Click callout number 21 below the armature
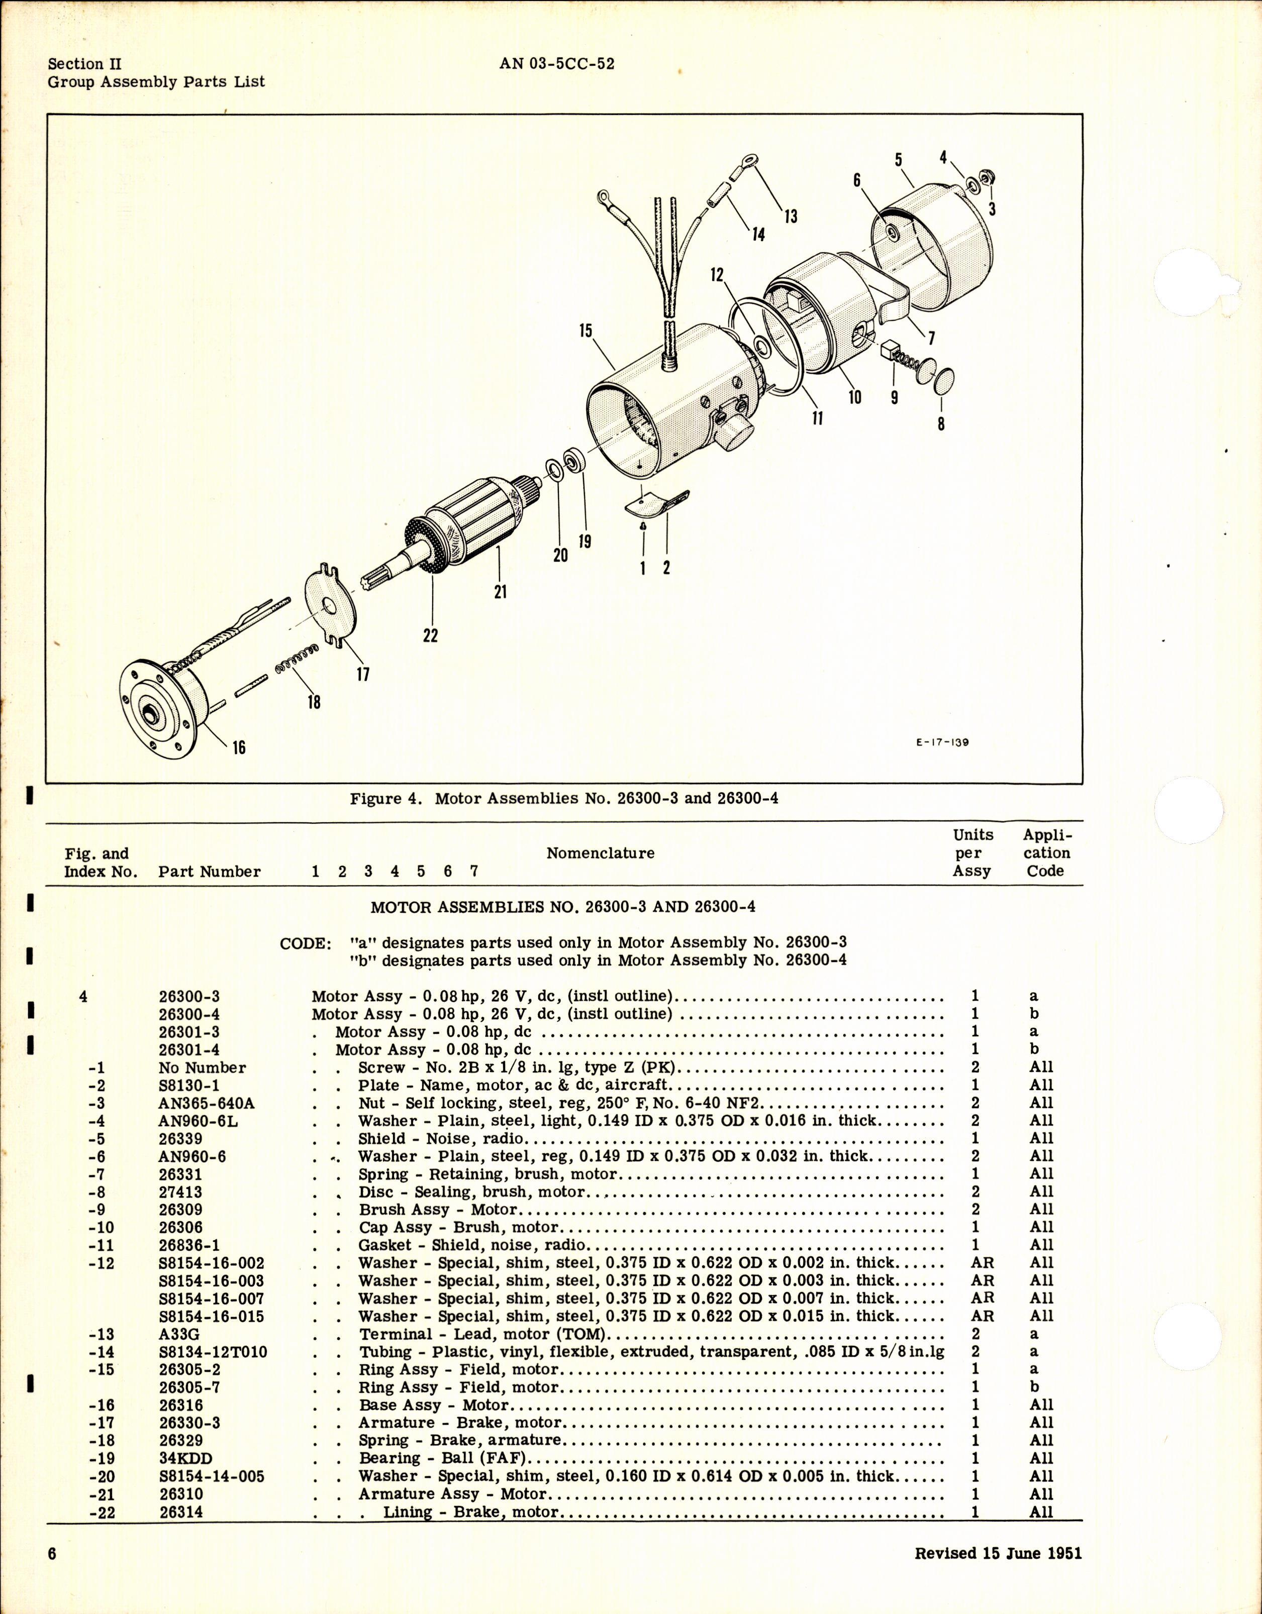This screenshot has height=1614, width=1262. click(x=501, y=592)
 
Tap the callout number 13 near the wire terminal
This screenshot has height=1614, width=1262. click(x=791, y=217)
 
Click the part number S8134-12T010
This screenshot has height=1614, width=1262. click(x=213, y=1352)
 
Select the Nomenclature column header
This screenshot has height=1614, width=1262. click(x=600, y=853)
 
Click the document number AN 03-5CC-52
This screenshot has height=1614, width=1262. click(x=557, y=64)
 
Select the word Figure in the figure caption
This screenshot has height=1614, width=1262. click(x=376, y=799)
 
